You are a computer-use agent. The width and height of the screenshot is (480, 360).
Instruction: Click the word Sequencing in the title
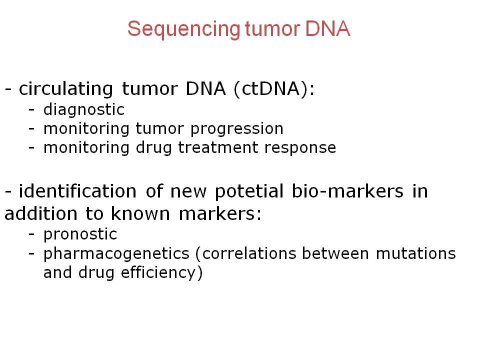click(184, 29)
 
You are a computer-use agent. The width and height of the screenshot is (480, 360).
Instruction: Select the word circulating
click(66, 89)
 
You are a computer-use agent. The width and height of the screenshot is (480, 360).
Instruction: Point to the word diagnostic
click(84, 110)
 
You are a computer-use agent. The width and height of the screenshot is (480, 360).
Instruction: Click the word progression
click(237, 129)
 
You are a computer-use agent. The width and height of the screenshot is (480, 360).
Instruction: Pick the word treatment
click(218, 147)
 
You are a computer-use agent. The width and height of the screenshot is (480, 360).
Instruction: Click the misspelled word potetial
click(249, 192)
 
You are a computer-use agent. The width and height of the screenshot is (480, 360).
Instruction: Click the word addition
click(41, 213)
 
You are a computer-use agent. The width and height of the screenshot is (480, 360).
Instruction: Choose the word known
click(140, 213)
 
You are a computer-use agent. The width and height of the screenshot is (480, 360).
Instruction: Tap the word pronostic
click(80, 235)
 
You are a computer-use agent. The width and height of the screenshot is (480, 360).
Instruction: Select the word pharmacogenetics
click(116, 254)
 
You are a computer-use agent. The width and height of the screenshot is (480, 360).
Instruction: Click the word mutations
click(415, 253)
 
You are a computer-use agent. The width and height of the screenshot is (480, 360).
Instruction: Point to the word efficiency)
click(161, 273)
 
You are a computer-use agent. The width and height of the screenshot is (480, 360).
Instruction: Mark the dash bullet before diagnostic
click(31, 110)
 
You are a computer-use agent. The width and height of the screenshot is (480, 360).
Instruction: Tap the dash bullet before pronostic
click(31, 235)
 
